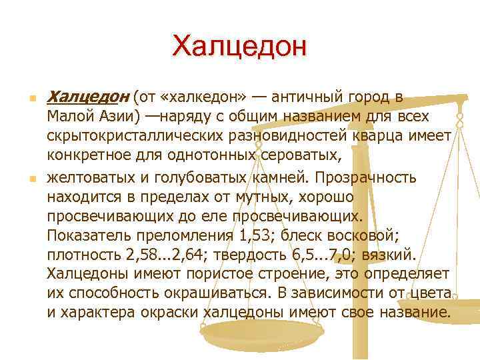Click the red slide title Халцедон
tap(239, 46)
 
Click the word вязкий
tap(391, 257)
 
